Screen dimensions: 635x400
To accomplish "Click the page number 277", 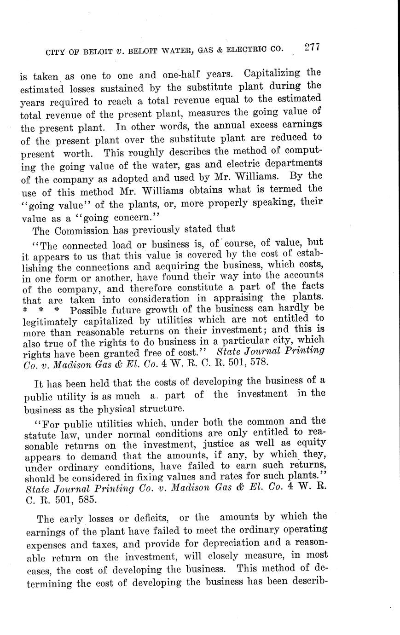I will (312, 48).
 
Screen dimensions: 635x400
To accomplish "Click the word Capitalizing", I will (271, 74).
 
